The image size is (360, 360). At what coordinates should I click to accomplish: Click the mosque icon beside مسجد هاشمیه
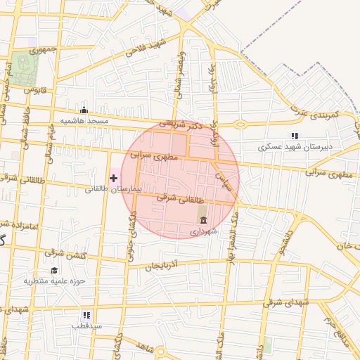pos(84,110)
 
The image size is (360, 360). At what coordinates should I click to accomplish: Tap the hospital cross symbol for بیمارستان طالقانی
pos(114,178)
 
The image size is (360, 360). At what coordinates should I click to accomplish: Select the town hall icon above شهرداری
pos(203,220)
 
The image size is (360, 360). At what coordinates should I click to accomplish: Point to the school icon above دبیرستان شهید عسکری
pos(294,136)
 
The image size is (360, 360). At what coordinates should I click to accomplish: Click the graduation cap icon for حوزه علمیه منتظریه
pos(54,271)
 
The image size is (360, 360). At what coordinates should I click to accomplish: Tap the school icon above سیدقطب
pos(86,316)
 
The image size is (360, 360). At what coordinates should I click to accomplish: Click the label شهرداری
pos(205,231)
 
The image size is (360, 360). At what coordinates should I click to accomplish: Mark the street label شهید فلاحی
pos(146,49)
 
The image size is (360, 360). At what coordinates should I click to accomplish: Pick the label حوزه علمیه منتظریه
pos(55,281)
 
